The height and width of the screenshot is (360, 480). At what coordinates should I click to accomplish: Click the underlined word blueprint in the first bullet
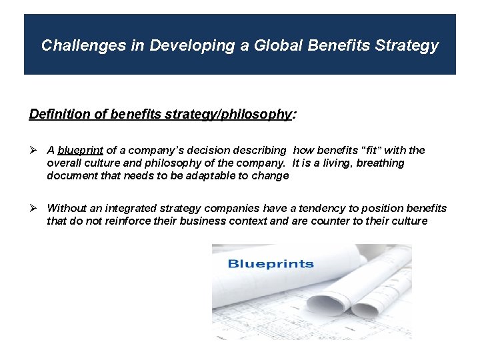click(81, 151)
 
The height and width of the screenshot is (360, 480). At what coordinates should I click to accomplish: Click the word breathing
click(381, 163)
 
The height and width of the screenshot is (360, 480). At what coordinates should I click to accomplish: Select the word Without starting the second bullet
click(67, 209)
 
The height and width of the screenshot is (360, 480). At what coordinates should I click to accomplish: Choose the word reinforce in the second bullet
click(129, 221)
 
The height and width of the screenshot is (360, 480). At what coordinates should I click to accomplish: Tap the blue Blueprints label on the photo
click(271, 263)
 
